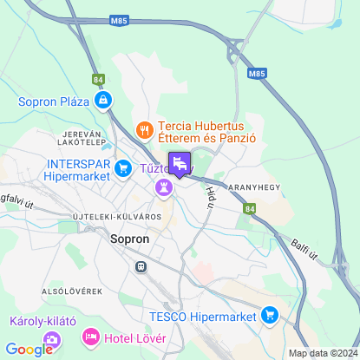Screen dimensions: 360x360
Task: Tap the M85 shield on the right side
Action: tap(258, 75)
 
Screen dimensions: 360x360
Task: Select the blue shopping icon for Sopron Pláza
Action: tap(103, 101)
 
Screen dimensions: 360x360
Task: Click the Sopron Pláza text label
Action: tap(54, 101)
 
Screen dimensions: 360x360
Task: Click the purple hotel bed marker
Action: tap(179, 162)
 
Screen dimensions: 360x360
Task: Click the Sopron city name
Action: tap(131, 237)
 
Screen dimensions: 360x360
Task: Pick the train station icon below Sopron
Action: tap(139, 267)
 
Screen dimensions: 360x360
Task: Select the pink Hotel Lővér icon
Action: tap(89, 336)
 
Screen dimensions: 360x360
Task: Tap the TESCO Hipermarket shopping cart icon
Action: tap(270, 315)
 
